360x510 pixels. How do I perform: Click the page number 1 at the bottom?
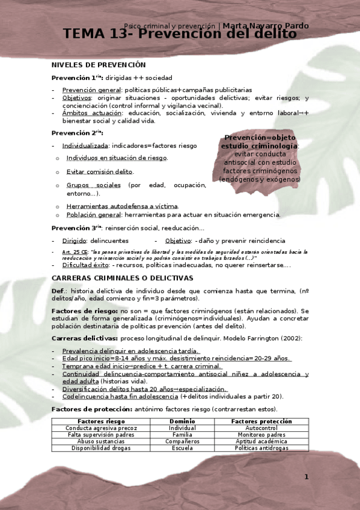306,477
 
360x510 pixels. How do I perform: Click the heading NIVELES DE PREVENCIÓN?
99,64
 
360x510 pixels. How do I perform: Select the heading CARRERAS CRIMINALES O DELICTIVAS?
122,278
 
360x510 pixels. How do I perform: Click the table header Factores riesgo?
93,422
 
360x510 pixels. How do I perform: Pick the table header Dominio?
182,422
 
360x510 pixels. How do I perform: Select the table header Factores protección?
261,422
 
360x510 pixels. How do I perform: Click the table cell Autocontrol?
261,428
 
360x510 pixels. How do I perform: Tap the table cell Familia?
182,435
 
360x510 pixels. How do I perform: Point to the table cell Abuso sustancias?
93,441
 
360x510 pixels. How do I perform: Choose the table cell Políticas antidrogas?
261,448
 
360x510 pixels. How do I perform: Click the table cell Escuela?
182,448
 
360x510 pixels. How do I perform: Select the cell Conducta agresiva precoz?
93,428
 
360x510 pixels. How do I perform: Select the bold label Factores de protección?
92,409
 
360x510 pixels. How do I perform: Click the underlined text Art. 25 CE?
75,252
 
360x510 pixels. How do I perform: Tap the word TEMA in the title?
86,34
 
